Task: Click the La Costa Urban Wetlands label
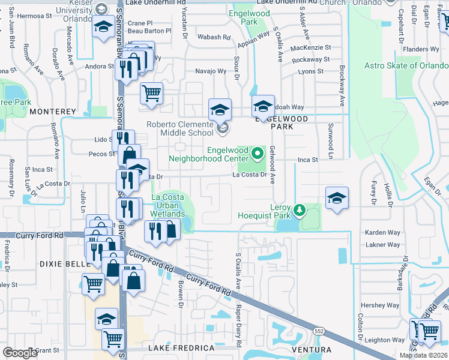point(167,205)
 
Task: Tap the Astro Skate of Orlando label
point(406,65)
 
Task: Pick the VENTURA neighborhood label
point(310,349)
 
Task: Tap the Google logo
point(20,353)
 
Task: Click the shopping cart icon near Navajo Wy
point(151,93)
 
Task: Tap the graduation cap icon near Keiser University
point(103,26)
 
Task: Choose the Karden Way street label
point(382,232)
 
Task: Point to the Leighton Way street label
point(386,340)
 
